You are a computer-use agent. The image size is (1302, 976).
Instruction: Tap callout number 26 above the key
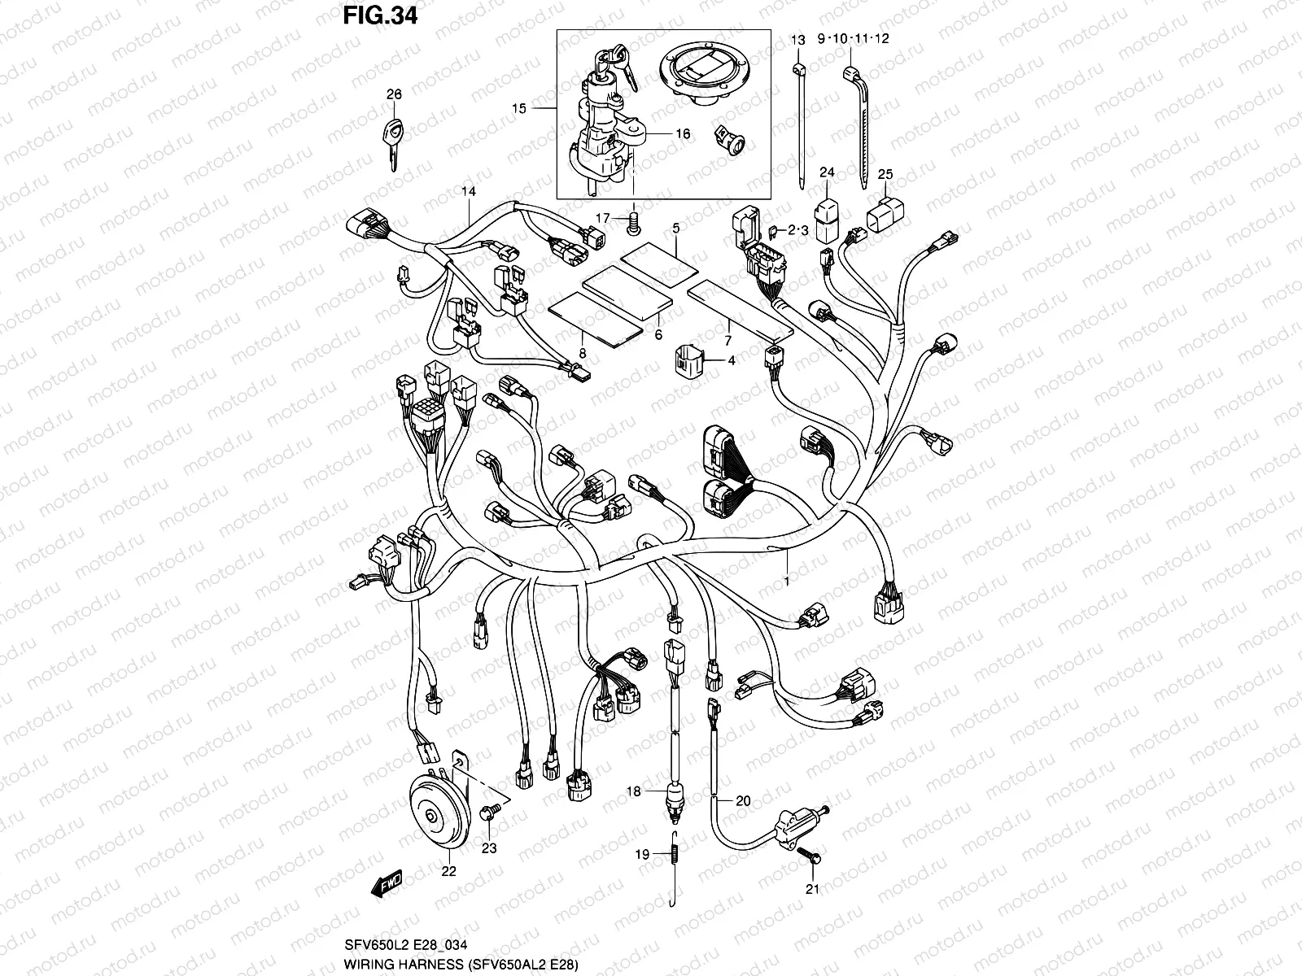[394, 95]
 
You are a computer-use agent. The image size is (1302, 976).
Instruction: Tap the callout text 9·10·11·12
[848, 39]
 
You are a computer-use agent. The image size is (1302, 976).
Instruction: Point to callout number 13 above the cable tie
[798, 40]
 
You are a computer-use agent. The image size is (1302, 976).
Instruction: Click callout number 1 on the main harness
[786, 582]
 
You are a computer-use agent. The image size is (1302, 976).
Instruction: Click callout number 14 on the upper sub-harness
[468, 192]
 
